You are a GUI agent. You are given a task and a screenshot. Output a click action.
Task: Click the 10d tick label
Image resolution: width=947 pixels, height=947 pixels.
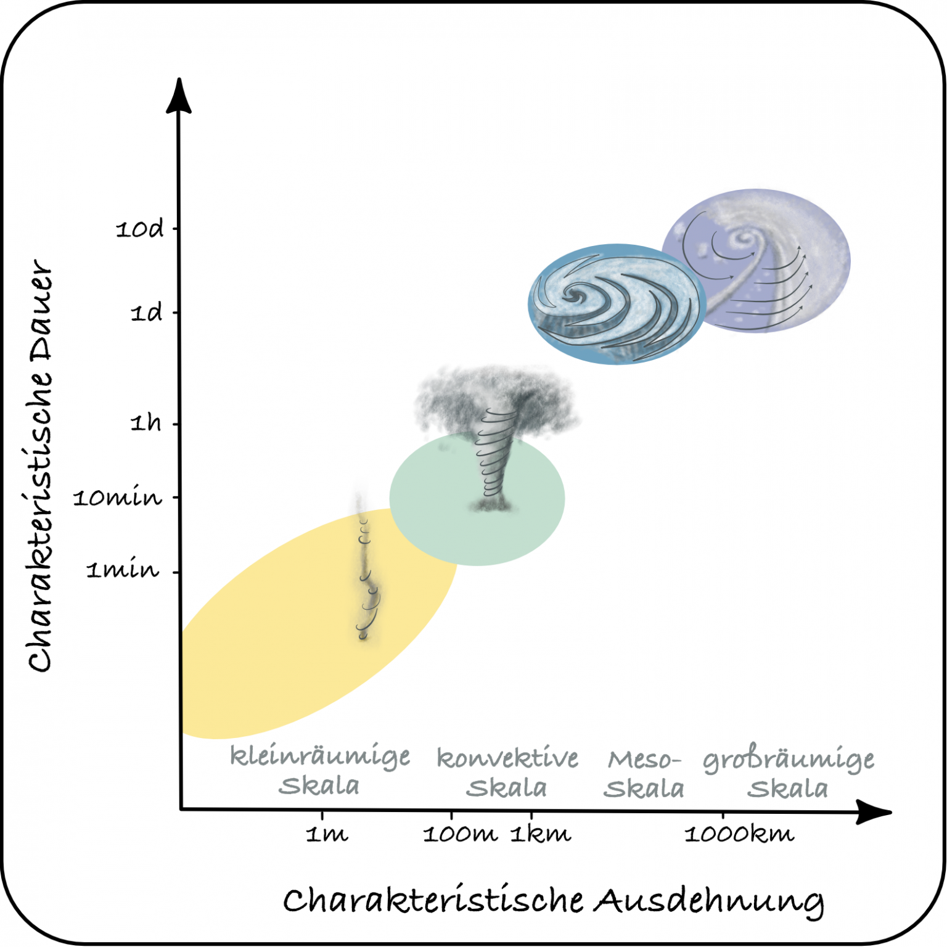pos(140,229)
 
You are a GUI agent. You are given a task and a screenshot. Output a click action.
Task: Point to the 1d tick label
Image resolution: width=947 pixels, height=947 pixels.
pos(147,313)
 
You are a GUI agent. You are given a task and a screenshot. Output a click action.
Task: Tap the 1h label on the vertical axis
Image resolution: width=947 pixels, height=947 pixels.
pos(146,422)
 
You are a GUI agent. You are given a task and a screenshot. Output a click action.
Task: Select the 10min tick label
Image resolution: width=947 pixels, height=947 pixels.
pos(118,497)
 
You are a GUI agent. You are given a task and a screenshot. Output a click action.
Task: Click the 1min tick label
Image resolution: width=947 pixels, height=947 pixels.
pos(123,569)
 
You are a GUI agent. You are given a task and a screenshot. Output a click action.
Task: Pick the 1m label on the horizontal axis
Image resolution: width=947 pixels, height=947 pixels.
pos(327,834)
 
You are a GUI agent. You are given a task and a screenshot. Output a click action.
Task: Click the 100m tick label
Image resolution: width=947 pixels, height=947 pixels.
pos(460,834)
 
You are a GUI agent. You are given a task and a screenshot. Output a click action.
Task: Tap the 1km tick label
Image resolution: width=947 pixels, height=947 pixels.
pos(541,834)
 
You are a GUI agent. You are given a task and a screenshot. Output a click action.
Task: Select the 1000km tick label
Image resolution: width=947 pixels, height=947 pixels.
pos(739,834)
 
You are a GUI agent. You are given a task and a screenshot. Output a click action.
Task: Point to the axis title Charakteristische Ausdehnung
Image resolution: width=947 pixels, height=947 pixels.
pos(554,901)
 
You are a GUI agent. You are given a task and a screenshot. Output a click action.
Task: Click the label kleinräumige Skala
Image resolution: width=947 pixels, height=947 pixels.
pos(320,771)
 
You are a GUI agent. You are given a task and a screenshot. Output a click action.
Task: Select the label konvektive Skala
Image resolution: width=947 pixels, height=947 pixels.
pos(507,773)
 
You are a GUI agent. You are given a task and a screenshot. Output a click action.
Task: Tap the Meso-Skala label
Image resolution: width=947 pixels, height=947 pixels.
pos(644,774)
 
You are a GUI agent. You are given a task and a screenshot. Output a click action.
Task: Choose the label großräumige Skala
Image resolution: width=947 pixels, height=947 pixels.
pos(789,774)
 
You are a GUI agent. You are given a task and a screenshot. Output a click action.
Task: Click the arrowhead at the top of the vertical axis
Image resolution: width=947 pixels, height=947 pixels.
pos(179,96)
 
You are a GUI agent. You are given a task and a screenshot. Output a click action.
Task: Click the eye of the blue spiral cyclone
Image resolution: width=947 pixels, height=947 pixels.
pos(576,296)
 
